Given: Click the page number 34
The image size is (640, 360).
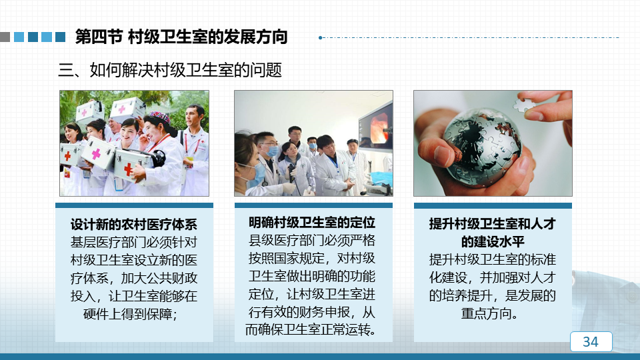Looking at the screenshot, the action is coord(590,341).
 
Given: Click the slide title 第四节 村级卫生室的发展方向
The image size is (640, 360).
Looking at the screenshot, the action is coord(181,37).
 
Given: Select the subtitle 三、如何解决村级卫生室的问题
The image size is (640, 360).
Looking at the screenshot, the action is coord(170,70).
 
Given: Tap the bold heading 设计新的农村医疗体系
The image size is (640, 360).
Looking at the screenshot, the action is coord(134,224).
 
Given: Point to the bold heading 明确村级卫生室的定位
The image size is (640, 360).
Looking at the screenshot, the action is coord(312,223).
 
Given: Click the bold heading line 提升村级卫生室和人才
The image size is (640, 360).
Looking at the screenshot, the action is coord(492,224).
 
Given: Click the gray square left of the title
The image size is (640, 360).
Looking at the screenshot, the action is coord(5,37).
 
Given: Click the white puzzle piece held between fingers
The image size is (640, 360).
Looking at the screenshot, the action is coord(525,105).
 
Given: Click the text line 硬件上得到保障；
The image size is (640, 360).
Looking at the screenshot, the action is coord(130,314).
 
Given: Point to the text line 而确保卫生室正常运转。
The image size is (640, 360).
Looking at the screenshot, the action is coord(311,329).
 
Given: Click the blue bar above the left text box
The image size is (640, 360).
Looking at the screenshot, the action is coord(134,205).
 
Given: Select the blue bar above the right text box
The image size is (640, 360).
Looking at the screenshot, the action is coord(493,206).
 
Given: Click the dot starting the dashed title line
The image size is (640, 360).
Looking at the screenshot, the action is coord(321,37).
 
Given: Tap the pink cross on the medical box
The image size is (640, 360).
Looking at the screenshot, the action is coord(96,153).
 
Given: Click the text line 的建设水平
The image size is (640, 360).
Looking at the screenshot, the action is coord(492,241).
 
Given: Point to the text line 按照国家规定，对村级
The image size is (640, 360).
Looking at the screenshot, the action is coord(312,259).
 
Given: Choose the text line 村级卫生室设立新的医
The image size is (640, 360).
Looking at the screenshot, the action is coord(134,260).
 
